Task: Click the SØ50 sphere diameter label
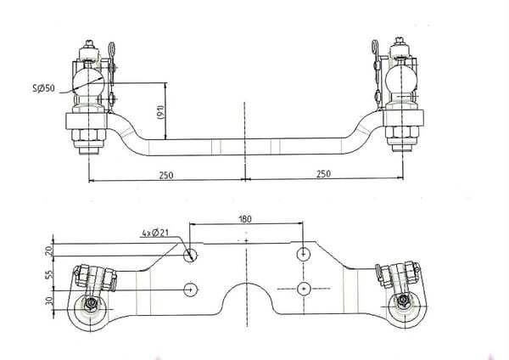[x=44, y=87]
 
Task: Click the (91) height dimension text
[x=161, y=112]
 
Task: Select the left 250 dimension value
[x=166, y=175]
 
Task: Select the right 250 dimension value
[x=324, y=173]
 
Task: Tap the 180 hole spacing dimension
[x=245, y=219]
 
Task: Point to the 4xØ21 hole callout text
[x=155, y=233]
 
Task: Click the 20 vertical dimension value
[x=48, y=250]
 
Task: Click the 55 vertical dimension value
[x=48, y=274]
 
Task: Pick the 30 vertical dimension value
[x=48, y=301]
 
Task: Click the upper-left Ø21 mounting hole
[x=191, y=255]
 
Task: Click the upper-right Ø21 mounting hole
[x=304, y=254]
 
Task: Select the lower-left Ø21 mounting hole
[x=191, y=290]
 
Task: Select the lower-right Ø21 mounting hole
[x=304, y=289]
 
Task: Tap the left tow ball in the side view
[x=88, y=81]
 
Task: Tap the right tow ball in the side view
[x=401, y=79]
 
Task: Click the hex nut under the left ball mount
[x=88, y=135]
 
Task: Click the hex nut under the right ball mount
[x=402, y=132]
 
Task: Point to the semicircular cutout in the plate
[x=247, y=298]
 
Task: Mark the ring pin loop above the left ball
[x=112, y=50]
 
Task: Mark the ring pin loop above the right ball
[x=376, y=48]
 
